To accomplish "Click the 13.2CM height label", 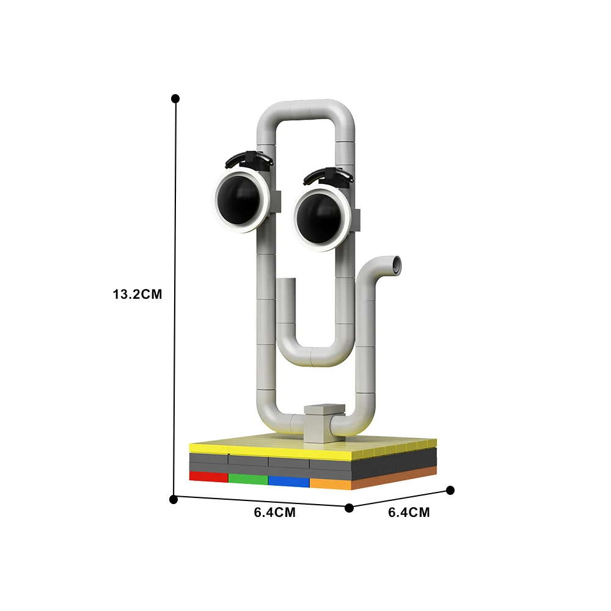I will point(137,294).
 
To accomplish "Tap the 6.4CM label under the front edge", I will point(275,513).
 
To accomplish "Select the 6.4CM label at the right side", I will point(409,513).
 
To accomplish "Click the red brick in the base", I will point(208,475).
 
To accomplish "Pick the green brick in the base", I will point(248,478).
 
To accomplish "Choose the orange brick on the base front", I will point(331,483).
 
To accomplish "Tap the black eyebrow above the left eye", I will point(249,158).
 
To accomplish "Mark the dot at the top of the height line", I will point(175,98).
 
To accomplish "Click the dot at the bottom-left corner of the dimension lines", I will point(174,499).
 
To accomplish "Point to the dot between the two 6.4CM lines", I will point(349,508).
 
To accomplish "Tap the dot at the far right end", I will point(451,490).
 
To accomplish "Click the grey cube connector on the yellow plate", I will point(321,421).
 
